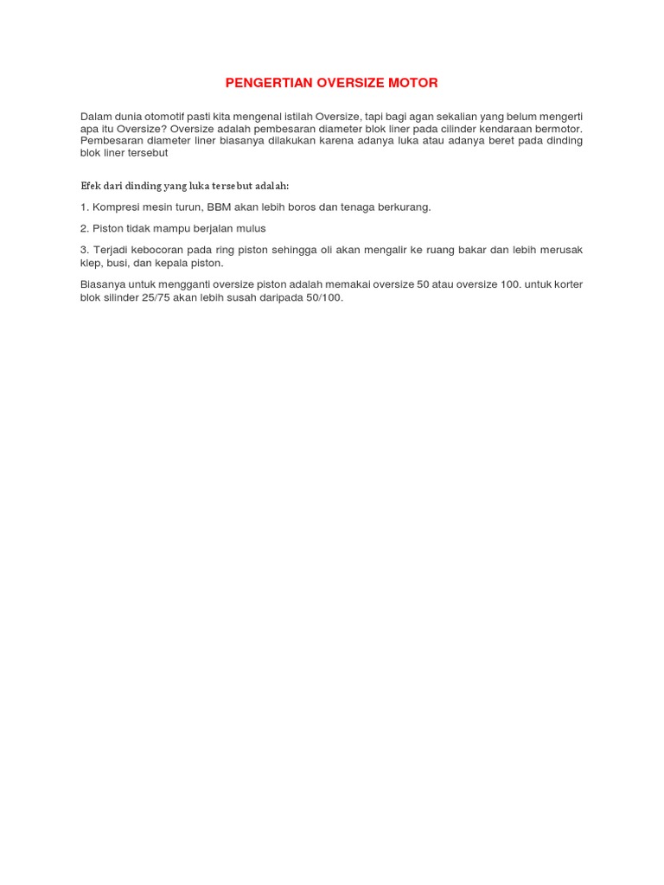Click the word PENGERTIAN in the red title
coord(263,83)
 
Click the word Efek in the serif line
coord(91,186)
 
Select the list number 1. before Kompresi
coord(85,207)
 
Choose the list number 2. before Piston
coord(85,228)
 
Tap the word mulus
coord(251,228)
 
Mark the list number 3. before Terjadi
coord(85,250)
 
